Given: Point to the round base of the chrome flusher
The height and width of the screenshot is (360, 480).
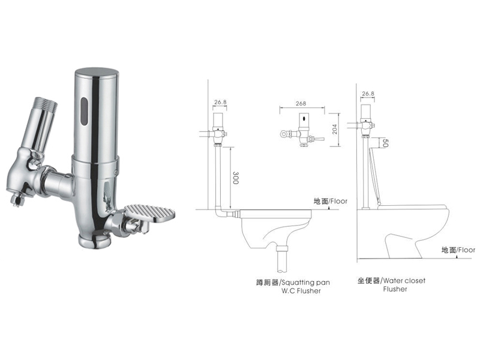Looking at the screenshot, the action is click(94, 241).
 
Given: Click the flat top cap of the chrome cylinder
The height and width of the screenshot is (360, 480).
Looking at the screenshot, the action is click(97, 71).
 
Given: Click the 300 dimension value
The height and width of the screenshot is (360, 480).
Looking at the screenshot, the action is click(235, 178).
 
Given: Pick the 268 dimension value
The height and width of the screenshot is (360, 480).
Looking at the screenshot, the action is click(301, 103).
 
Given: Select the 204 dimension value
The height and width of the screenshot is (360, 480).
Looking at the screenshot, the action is click(335, 129).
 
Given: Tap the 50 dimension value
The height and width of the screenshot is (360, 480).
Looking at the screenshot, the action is click(385, 143).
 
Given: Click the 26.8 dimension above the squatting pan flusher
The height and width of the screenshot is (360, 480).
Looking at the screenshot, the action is click(220, 102).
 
